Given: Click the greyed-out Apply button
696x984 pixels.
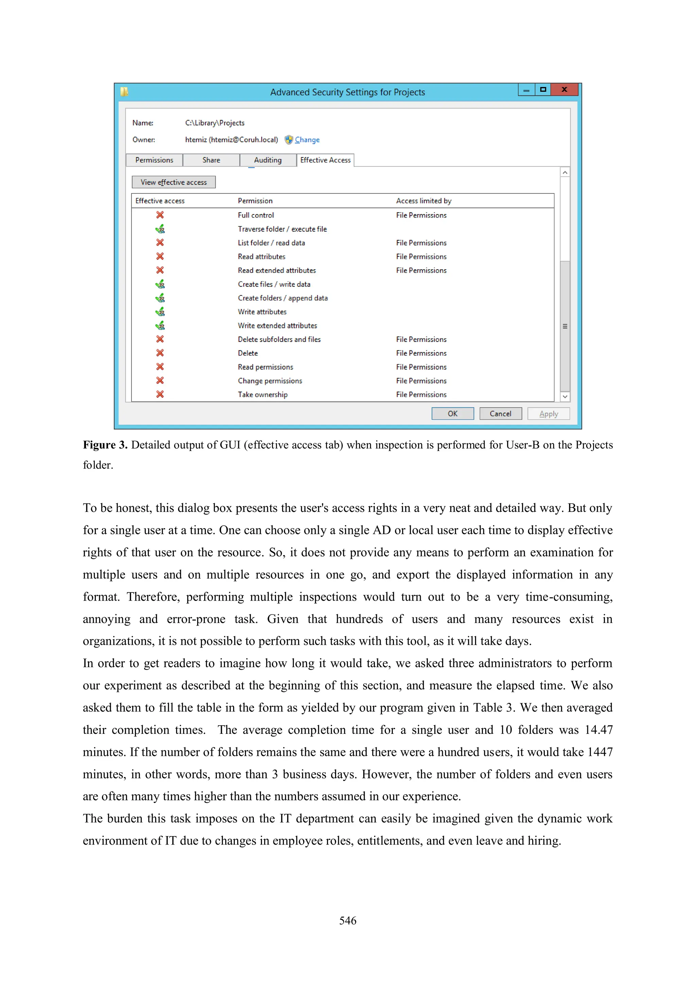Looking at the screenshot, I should (x=548, y=414).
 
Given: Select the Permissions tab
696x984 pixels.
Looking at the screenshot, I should (x=154, y=160).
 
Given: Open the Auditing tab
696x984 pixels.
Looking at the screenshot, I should (x=267, y=160).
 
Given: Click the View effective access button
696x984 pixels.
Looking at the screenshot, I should (x=174, y=182).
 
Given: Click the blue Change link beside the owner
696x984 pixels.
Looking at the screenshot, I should (x=307, y=140).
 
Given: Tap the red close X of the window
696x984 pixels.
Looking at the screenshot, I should (x=564, y=90).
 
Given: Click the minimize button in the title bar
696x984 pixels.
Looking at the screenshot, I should (x=526, y=90).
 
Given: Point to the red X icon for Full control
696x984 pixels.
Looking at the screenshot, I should (x=160, y=215).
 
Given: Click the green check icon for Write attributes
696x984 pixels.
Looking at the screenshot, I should (x=160, y=312).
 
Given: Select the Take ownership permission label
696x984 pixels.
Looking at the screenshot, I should (x=262, y=394).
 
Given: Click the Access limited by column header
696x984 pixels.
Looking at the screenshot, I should (x=423, y=201).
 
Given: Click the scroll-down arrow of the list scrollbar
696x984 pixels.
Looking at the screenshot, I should (x=565, y=396).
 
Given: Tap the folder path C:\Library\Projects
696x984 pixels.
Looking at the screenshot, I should (x=215, y=123).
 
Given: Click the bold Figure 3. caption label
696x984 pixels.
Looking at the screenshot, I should (x=105, y=445).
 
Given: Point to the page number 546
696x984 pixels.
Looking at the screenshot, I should (x=348, y=920).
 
